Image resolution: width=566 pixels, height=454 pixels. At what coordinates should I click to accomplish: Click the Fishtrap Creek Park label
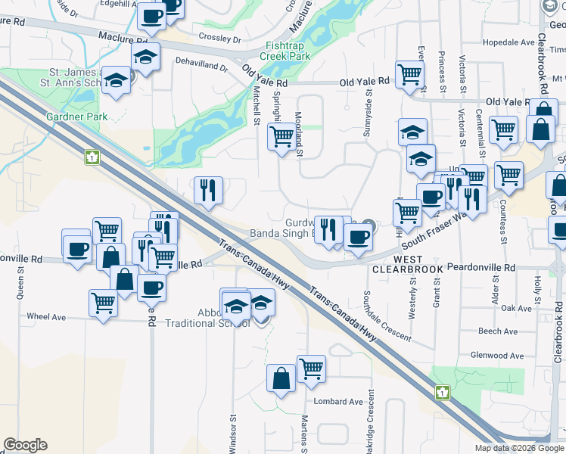pos(285,50)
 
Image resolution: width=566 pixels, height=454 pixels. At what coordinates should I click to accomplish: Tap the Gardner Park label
pos(76,117)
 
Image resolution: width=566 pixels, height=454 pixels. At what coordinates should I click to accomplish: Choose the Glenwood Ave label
pos(496,355)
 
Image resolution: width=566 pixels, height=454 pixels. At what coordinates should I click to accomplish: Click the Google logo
pos(25,445)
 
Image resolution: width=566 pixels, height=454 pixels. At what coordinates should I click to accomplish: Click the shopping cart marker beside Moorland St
pos(281,137)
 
